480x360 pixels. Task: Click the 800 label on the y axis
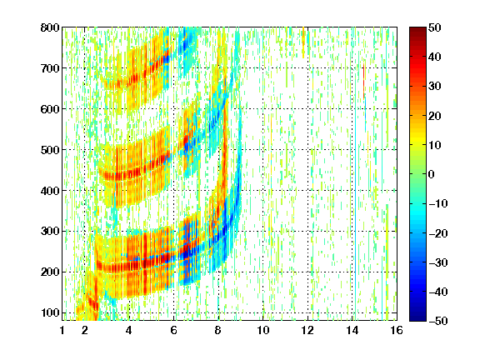click(x=50, y=27)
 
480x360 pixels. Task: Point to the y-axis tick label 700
click(x=50, y=68)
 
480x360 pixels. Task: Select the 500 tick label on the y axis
click(x=50, y=150)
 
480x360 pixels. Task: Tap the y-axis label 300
click(x=50, y=232)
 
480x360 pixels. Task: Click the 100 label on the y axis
click(x=50, y=312)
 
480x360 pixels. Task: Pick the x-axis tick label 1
click(x=62, y=330)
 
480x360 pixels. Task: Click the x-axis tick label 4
click(x=129, y=330)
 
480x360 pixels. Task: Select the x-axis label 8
click(x=218, y=330)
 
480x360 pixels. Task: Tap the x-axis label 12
click(x=307, y=330)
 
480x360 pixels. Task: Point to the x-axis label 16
click(x=397, y=330)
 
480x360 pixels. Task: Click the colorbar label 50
click(x=434, y=27)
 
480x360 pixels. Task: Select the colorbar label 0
click(x=432, y=174)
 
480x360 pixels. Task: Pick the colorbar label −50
click(x=438, y=321)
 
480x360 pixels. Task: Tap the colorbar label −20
click(x=438, y=233)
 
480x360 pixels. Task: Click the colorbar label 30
click(x=434, y=87)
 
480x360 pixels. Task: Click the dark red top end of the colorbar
click(x=417, y=29)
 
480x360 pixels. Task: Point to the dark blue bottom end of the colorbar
click(x=417, y=319)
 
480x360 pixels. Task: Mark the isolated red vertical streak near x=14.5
click(x=363, y=81)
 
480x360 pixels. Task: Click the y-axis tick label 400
click(x=50, y=191)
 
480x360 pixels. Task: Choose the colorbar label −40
click(x=438, y=292)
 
